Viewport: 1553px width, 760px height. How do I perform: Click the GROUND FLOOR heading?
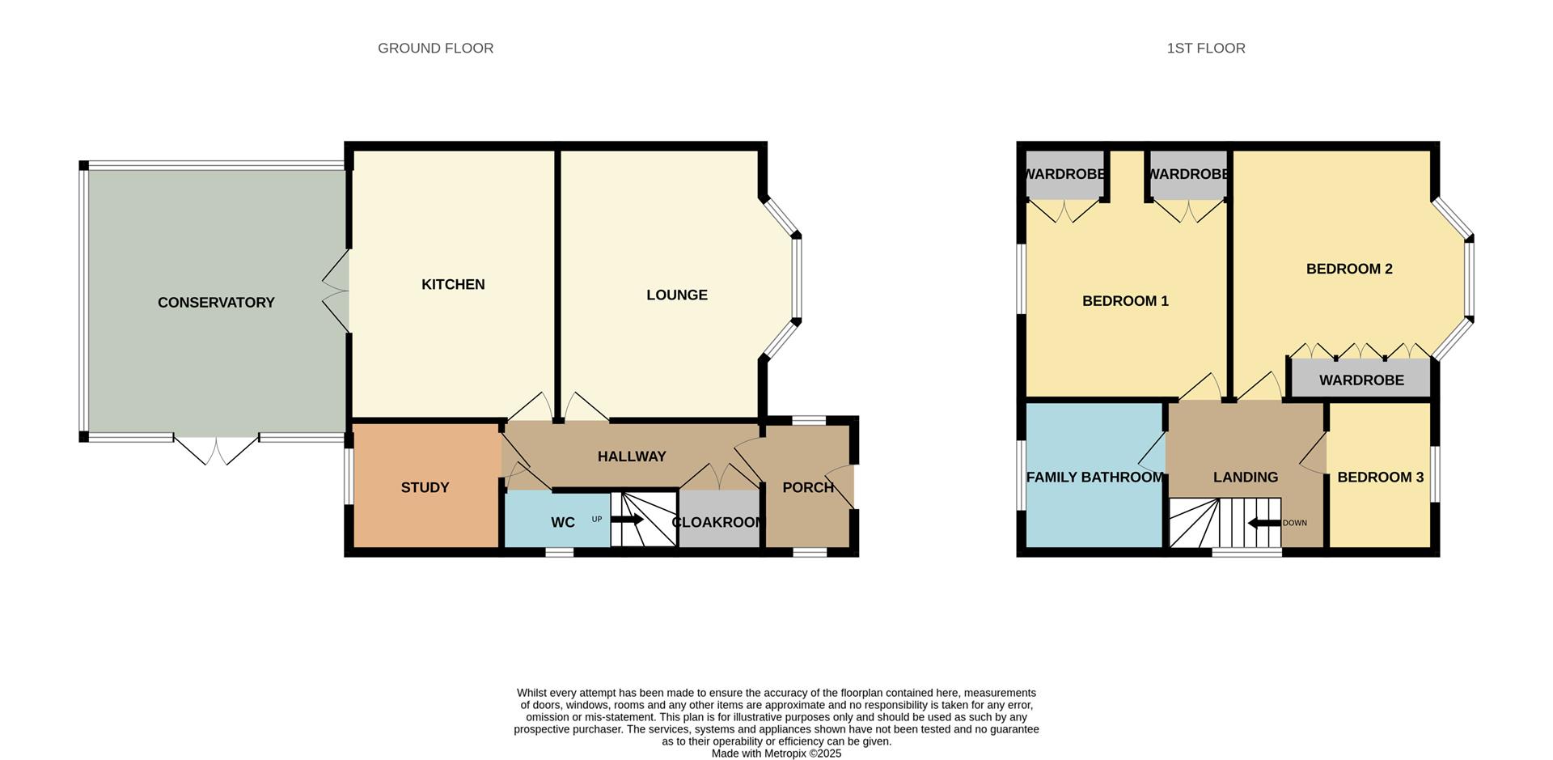435,49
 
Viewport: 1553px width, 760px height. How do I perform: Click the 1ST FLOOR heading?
1205,49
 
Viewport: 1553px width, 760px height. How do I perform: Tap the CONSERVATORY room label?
216,303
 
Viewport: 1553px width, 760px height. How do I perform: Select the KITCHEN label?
453,284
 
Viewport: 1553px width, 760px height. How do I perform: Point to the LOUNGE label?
677,295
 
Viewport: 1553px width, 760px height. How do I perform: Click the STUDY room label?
425,487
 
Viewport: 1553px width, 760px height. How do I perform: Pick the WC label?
563,523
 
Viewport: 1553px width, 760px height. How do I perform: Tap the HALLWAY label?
632,456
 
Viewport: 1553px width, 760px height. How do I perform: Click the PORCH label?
808,487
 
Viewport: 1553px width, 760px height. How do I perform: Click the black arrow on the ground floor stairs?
628,520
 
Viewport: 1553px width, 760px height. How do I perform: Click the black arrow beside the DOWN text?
1264,523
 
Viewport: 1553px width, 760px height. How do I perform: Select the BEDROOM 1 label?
1125,301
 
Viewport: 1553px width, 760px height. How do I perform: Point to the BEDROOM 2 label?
1349,269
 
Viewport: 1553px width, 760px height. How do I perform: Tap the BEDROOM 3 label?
1380,478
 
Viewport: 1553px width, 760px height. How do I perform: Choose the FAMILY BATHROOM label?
1094,478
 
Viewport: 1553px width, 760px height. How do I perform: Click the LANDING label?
1246,478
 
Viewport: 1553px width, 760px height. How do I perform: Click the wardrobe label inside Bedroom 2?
1361,380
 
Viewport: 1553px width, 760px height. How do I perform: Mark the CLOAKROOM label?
717,523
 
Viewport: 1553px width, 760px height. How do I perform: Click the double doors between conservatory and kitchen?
336,291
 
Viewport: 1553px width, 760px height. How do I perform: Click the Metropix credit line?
776,754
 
